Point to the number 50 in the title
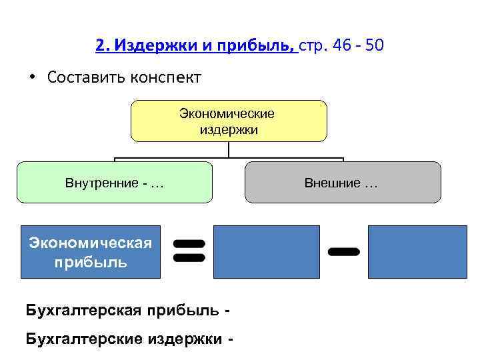(373, 47)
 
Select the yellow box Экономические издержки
(229, 121)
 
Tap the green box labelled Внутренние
(115, 182)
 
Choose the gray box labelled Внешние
(343, 182)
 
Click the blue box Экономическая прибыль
(91, 251)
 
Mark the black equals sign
(188, 250)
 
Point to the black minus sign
(344, 251)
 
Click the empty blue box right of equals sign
(266, 251)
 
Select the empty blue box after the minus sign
(418, 251)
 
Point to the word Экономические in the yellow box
(227, 113)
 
